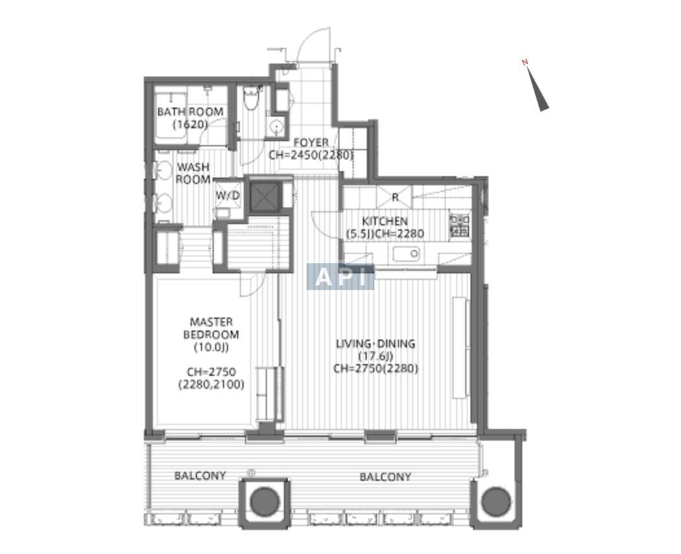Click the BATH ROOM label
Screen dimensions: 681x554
(x=190, y=112)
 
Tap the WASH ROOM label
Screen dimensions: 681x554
(x=193, y=173)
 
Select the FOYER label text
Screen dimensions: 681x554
(x=311, y=143)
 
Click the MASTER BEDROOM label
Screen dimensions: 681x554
(x=211, y=329)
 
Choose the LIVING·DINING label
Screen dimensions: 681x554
(x=376, y=344)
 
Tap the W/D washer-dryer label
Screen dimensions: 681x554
(x=228, y=196)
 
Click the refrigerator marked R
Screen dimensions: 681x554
(x=395, y=196)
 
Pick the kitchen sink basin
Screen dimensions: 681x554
(x=406, y=253)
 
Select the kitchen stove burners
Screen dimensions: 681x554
(x=460, y=225)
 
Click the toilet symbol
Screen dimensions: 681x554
(x=251, y=97)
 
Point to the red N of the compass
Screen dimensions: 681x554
(x=525, y=62)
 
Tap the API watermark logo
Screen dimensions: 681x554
(x=341, y=277)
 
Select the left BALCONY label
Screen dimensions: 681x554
(x=200, y=476)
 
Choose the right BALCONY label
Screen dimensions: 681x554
(x=386, y=477)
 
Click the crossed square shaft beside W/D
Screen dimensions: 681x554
(x=263, y=196)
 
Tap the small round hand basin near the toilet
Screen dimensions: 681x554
(x=276, y=126)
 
